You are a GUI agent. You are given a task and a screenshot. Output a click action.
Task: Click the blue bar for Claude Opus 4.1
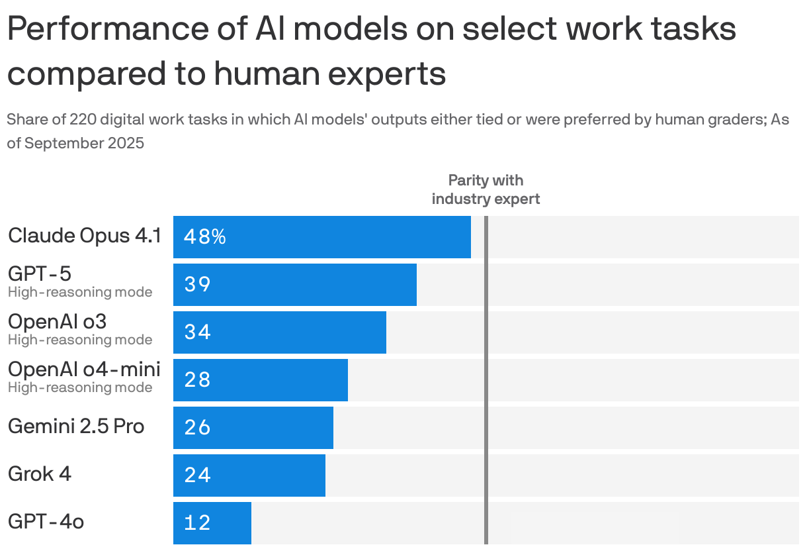pyautogui.click(x=322, y=237)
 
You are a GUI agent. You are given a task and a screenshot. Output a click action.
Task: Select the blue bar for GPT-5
pyautogui.click(x=295, y=285)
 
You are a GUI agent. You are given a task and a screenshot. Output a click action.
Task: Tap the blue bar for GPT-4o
pyautogui.click(x=212, y=523)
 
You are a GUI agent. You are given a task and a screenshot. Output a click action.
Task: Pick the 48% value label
pyautogui.click(x=205, y=237)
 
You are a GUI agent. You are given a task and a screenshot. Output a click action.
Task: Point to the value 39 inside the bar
pyautogui.click(x=198, y=285)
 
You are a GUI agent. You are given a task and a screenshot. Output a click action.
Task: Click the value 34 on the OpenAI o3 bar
pyautogui.click(x=198, y=332)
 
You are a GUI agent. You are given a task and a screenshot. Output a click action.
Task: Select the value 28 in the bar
pyautogui.click(x=198, y=380)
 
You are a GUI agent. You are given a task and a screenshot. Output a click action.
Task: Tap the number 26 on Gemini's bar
pyautogui.click(x=198, y=428)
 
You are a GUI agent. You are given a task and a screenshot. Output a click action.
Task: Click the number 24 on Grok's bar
pyautogui.click(x=198, y=476)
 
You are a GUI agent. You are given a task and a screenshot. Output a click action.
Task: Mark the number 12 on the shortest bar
pyautogui.click(x=198, y=523)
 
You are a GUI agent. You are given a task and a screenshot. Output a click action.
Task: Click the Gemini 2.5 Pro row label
pyautogui.click(x=76, y=426)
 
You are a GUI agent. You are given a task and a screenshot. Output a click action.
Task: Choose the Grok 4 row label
pyautogui.click(x=40, y=474)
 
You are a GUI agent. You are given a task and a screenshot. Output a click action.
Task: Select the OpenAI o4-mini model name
pyautogui.click(x=84, y=370)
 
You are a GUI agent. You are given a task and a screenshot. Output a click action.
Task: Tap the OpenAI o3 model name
pyautogui.click(x=57, y=322)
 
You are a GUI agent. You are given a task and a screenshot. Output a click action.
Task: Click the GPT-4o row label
pyautogui.click(x=46, y=522)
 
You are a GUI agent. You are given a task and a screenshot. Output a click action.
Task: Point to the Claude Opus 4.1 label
pyautogui.click(x=85, y=236)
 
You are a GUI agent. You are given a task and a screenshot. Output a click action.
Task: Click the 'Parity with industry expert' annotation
pyautogui.click(x=486, y=189)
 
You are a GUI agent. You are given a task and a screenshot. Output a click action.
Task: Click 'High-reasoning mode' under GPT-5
pyautogui.click(x=80, y=292)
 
